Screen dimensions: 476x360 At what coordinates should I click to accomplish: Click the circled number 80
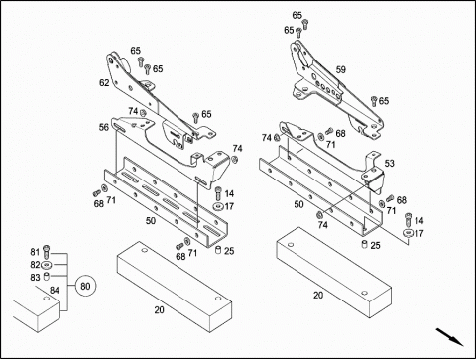(x=85, y=286)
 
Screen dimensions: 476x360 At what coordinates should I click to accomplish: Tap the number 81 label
(x=35, y=252)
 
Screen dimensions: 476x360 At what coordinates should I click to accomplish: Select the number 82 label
(x=35, y=265)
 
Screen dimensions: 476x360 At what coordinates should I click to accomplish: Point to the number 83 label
(x=35, y=278)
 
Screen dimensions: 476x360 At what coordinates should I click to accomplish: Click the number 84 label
(x=55, y=291)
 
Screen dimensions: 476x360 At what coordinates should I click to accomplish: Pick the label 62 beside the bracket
(x=104, y=83)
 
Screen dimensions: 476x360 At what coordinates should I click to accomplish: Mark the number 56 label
(x=104, y=127)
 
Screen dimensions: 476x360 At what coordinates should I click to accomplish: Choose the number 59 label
(x=341, y=70)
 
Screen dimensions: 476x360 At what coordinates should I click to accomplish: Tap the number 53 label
(x=390, y=164)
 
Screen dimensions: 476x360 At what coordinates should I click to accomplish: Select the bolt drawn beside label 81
(x=46, y=252)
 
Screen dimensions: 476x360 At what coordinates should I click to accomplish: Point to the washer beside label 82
(x=46, y=265)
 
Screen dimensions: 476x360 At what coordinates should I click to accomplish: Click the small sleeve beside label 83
(x=47, y=277)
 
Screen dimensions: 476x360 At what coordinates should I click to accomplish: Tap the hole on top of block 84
(x=47, y=299)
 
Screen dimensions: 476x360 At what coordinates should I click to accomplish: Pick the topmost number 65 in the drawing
(x=297, y=16)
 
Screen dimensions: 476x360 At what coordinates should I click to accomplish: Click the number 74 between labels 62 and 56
(x=133, y=111)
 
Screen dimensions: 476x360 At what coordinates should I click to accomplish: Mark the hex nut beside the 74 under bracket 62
(x=143, y=113)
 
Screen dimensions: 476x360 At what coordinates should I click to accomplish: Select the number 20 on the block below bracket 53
(x=318, y=295)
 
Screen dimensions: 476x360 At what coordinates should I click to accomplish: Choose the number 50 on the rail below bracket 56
(x=151, y=221)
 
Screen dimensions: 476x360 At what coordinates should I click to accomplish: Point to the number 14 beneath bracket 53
(x=419, y=221)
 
